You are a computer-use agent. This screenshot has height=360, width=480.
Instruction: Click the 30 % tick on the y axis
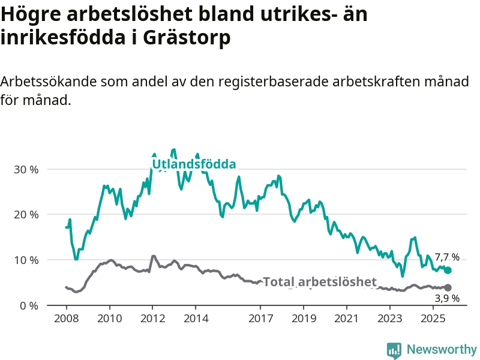click(x=26, y=169)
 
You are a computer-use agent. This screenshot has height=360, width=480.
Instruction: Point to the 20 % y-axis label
click(x=26, y=215)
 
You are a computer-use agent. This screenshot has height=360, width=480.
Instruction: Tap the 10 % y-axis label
click(x=26, y=260)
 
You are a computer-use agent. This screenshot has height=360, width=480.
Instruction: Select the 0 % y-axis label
click(x=28, y=306)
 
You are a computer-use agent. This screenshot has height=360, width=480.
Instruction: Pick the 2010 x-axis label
click(x=109, y=317)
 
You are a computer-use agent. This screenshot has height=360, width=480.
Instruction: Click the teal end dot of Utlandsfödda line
click(x=448, y=271)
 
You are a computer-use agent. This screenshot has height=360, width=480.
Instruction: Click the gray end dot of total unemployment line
click(x=448, y=288)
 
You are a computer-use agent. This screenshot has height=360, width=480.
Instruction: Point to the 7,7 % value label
click(x=447, y=257)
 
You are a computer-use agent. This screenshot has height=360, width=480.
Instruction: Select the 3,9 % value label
click(x=447, y=298)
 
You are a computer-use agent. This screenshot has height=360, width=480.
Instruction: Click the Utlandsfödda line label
click(x=193, y=164)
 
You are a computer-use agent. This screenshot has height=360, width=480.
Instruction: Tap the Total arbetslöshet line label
click(x=320, y=282)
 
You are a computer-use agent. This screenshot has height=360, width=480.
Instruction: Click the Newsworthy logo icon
click(x=394, y=350)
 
